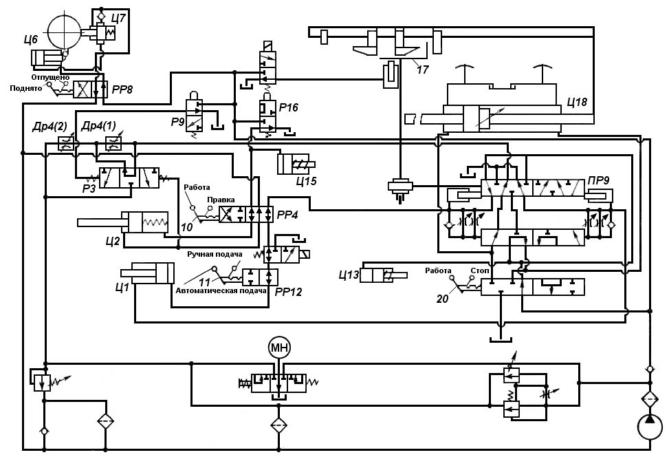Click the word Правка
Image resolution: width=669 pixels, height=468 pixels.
(221, 200)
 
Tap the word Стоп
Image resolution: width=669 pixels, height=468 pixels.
(479, 270)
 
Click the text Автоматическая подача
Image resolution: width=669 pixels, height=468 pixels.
(221, 290)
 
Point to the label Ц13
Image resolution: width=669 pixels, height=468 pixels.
(349, 276)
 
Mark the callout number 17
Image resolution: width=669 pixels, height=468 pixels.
(422, 69)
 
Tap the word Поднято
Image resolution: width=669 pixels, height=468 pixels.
(26, 89)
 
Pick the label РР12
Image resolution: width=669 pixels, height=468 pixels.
(289, 291)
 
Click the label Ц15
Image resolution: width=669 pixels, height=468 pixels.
(306, 181)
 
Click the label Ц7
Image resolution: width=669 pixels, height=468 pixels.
(118, 17)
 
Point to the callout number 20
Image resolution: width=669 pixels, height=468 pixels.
(443, 298)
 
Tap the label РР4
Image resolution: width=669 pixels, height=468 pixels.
(287, 215)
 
